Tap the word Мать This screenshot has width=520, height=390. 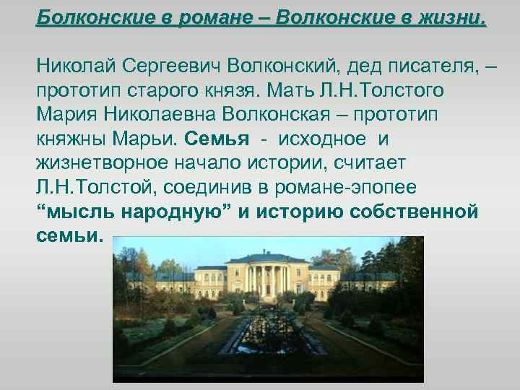point(296,92)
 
